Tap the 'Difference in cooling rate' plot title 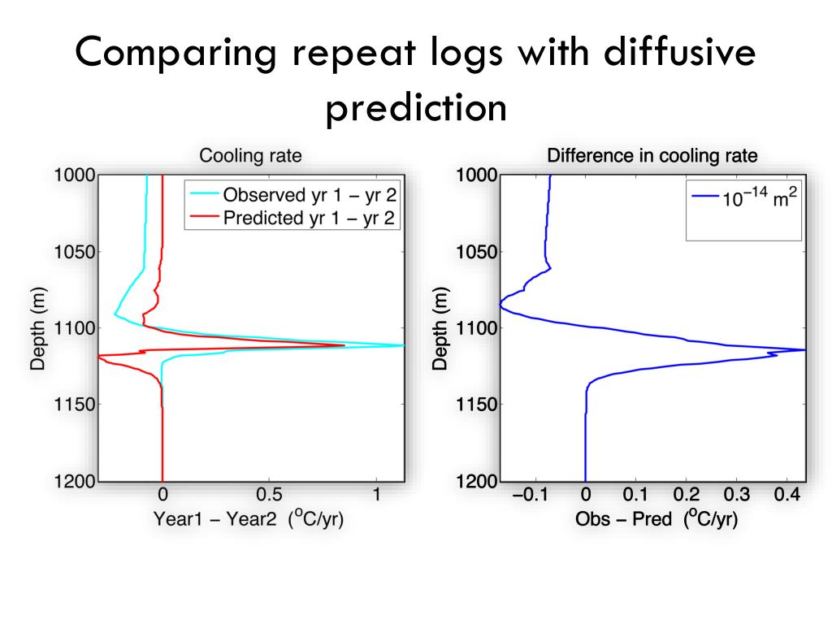(652, 155)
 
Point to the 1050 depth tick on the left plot (74, 251)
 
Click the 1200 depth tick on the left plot (74, 481)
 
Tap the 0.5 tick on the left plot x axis (270, 494)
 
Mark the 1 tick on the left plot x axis (377, 494)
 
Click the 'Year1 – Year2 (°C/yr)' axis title (249, 519)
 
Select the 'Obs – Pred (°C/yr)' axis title (656, 519)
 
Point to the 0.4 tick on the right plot (786, 494)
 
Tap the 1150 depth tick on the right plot (476, 405)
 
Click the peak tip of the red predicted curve (344, 345)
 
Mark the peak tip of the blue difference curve (804, 349)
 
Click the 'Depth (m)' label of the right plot (440, 327)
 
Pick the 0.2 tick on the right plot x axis (686, 494)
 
